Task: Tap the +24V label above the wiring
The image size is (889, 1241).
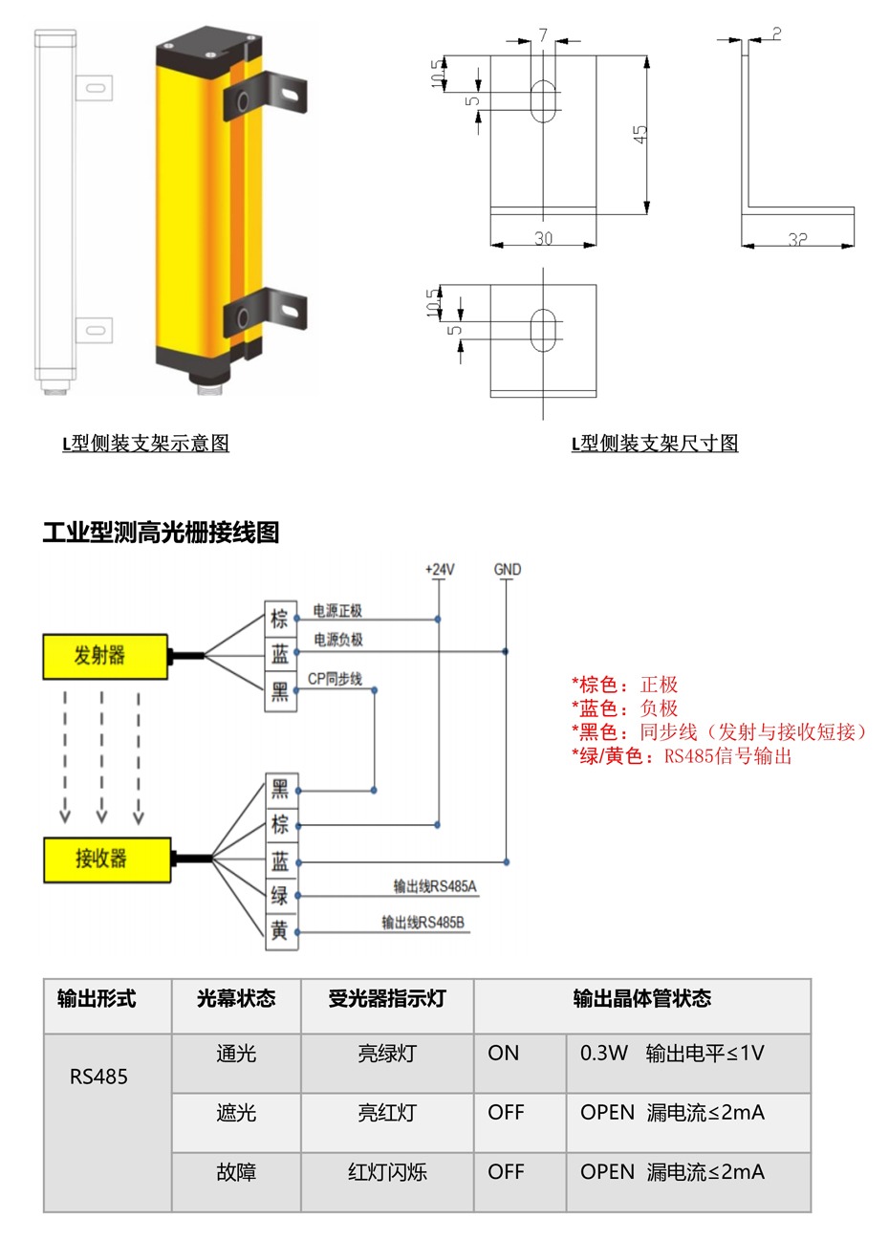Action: [x=440, y=570]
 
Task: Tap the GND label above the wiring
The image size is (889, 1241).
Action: [x=508, y=570]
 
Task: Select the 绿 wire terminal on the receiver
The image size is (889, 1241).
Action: [x=280, y=896]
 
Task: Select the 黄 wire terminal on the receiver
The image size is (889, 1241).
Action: [x=280, y=931]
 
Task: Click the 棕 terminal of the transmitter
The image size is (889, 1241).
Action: [x=280, y=619]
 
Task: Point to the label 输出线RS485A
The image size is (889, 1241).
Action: [x=435, y=886]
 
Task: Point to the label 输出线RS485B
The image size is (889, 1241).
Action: [x=423, y=923]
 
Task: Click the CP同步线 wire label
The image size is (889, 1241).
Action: [x=335, y=679]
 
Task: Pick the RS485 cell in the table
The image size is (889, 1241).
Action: [x=98, y=1078]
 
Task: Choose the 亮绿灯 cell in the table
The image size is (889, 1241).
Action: [x=387, y=1054]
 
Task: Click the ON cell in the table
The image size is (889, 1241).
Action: [x=504, y=1054]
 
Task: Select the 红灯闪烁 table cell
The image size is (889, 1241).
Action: [x=387, y=1172]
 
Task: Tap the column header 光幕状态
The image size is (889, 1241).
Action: [x=236, y=999]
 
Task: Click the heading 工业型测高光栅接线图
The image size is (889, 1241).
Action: [x=161, y=533]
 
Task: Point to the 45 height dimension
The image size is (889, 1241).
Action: [x=640, y=134]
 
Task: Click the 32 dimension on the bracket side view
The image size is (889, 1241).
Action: [x=798, y=240]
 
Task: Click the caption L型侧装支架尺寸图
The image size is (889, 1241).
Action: [x=655, y=444]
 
